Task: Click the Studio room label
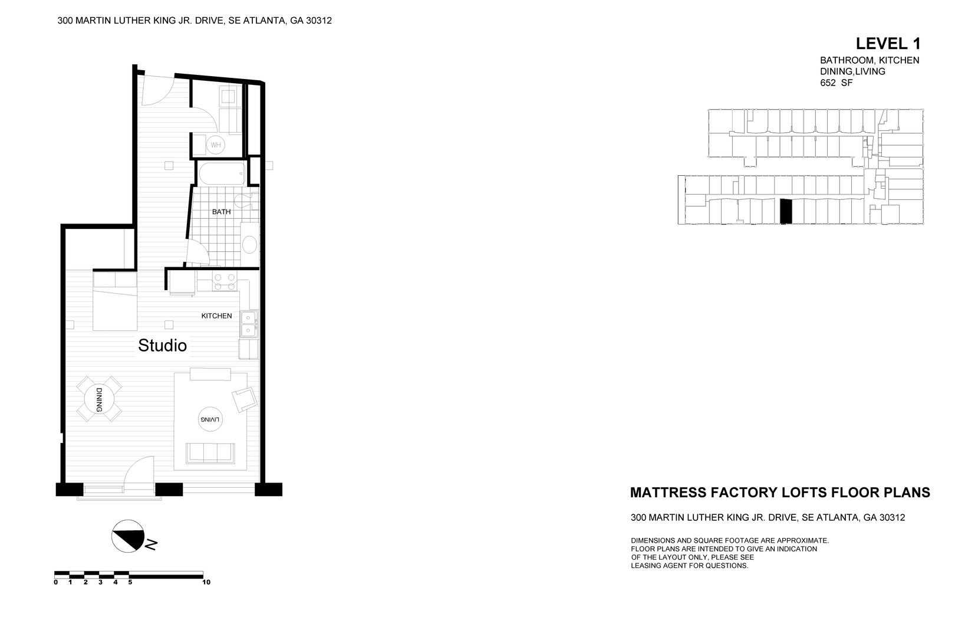pos(162,346)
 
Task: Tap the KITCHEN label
pos(216,316)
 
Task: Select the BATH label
pos(222,212)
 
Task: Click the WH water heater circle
pos(216,145)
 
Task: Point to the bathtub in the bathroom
pos(222,174)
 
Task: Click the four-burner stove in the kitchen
pos(224,282)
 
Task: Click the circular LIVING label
pos(210,419)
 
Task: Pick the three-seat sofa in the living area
pos(210,452)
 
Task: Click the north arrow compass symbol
pos(128,536)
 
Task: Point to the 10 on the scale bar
pos(206,582)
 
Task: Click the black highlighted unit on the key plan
pos(785,212)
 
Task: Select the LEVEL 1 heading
pos(887,43)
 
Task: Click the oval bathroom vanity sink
pos(250,244)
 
